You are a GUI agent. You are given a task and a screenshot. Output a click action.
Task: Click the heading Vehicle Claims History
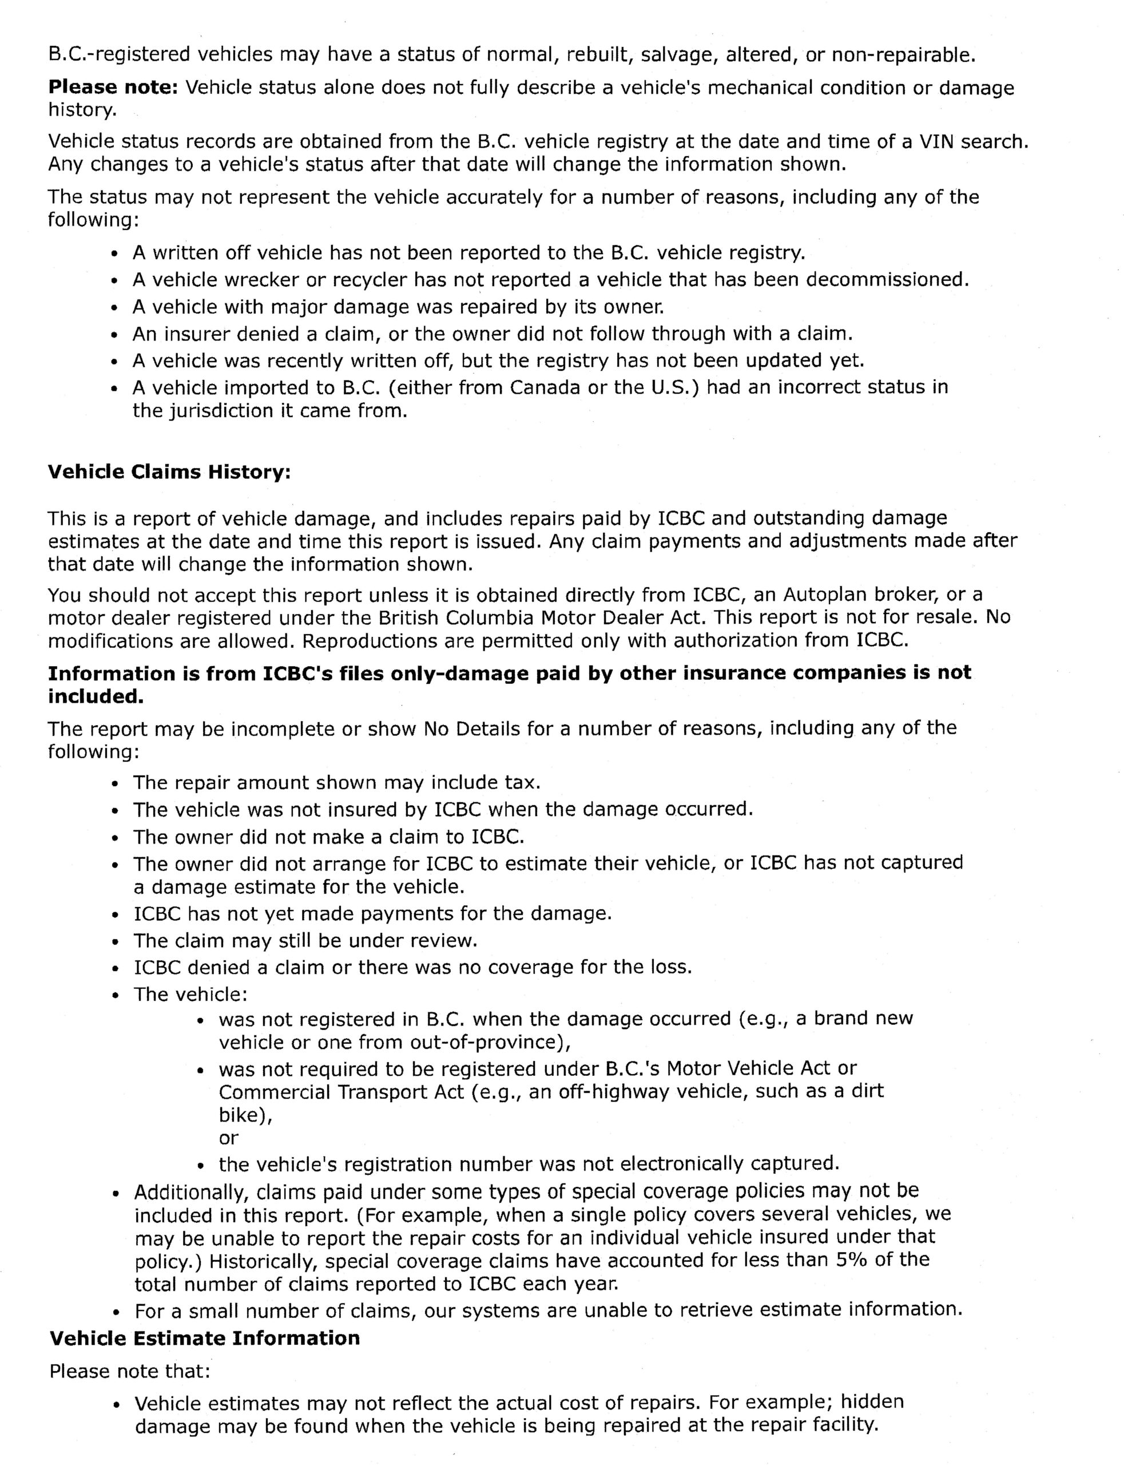click(x=169, y=472)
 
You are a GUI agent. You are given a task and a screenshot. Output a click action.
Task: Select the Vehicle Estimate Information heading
click(x=205, y=1338)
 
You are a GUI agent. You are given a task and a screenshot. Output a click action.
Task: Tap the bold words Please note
click(x=112, y=88)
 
